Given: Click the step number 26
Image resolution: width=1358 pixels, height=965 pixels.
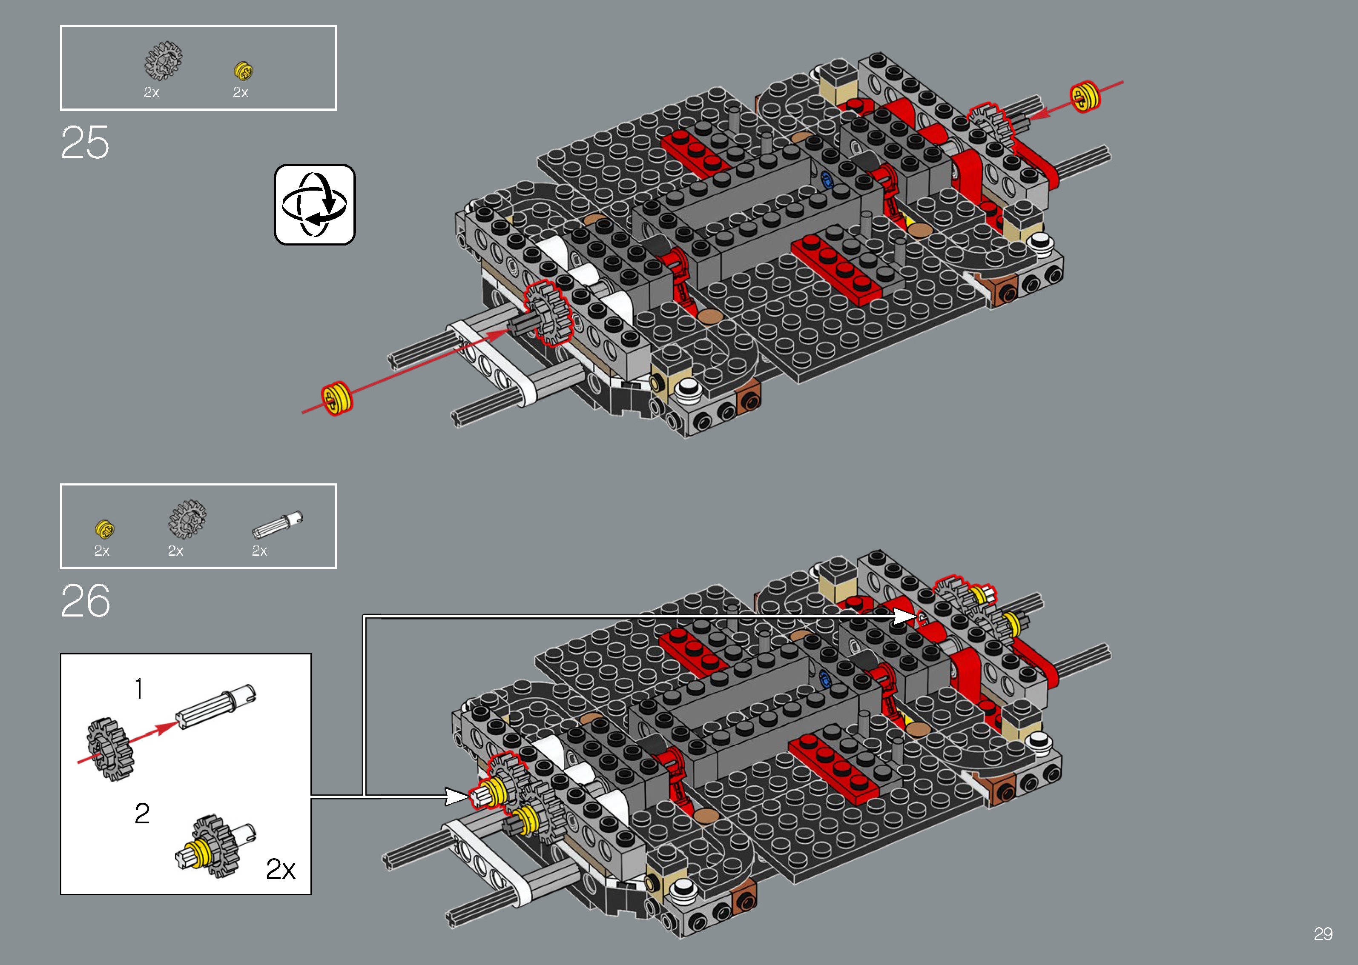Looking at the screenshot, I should tap(86, 601).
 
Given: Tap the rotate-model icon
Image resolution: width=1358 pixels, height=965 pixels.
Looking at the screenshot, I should tap(315, 204).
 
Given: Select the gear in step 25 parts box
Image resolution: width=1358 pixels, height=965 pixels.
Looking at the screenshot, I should tap(163, 60).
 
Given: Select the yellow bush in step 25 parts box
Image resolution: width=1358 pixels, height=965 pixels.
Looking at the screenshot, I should tap(243, 71).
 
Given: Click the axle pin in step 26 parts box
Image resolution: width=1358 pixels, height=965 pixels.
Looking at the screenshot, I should tap(278, 525).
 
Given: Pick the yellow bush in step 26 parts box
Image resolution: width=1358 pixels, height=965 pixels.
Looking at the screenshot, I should tap(105, 528).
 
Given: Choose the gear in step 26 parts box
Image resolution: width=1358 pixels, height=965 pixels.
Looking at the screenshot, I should tap(187, 519).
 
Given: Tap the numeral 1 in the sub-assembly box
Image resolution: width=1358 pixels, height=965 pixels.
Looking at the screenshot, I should tap(138, 689).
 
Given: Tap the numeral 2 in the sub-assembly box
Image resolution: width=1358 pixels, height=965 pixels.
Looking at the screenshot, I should tap(142, 813).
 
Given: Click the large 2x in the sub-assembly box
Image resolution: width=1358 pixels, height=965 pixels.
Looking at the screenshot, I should tap(280, 869).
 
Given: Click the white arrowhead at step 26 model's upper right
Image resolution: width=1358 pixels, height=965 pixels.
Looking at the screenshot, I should tap(905, 617).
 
